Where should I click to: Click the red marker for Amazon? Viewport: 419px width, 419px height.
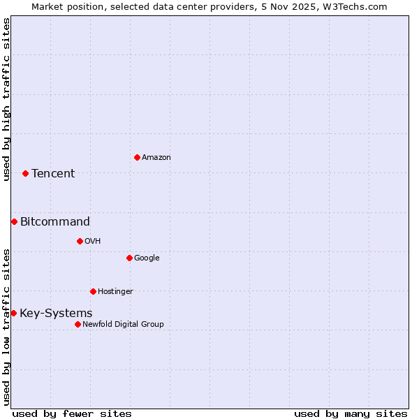(137, 157)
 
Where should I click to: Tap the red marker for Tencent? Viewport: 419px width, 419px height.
(25, 173)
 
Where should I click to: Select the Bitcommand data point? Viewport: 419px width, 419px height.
(14, 221)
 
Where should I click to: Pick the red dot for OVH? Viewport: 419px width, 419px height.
(80, 241)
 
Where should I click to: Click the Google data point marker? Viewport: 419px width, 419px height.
(129, 258)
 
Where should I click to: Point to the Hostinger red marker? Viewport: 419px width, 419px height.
(93, 291)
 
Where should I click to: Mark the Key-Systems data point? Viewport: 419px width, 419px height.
(13, 313)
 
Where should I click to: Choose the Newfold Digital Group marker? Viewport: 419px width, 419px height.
(78, 324)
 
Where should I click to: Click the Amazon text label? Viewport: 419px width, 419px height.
(156, 158)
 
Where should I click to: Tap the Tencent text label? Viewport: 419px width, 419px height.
(53, 174)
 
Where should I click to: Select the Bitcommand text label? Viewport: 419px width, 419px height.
(55, 222)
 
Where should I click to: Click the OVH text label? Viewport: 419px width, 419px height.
(93, 242)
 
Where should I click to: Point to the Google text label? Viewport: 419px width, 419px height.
(147, 258)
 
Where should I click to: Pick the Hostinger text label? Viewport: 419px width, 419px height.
(115, 292)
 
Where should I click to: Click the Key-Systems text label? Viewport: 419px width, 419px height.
(56, 314)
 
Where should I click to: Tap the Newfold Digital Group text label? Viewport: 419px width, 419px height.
(123, 325)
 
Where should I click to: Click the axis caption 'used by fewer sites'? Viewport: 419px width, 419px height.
(72, 413)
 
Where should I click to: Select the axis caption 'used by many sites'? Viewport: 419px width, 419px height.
(351, 413)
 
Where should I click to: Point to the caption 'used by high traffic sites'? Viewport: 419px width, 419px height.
(6, 99)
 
